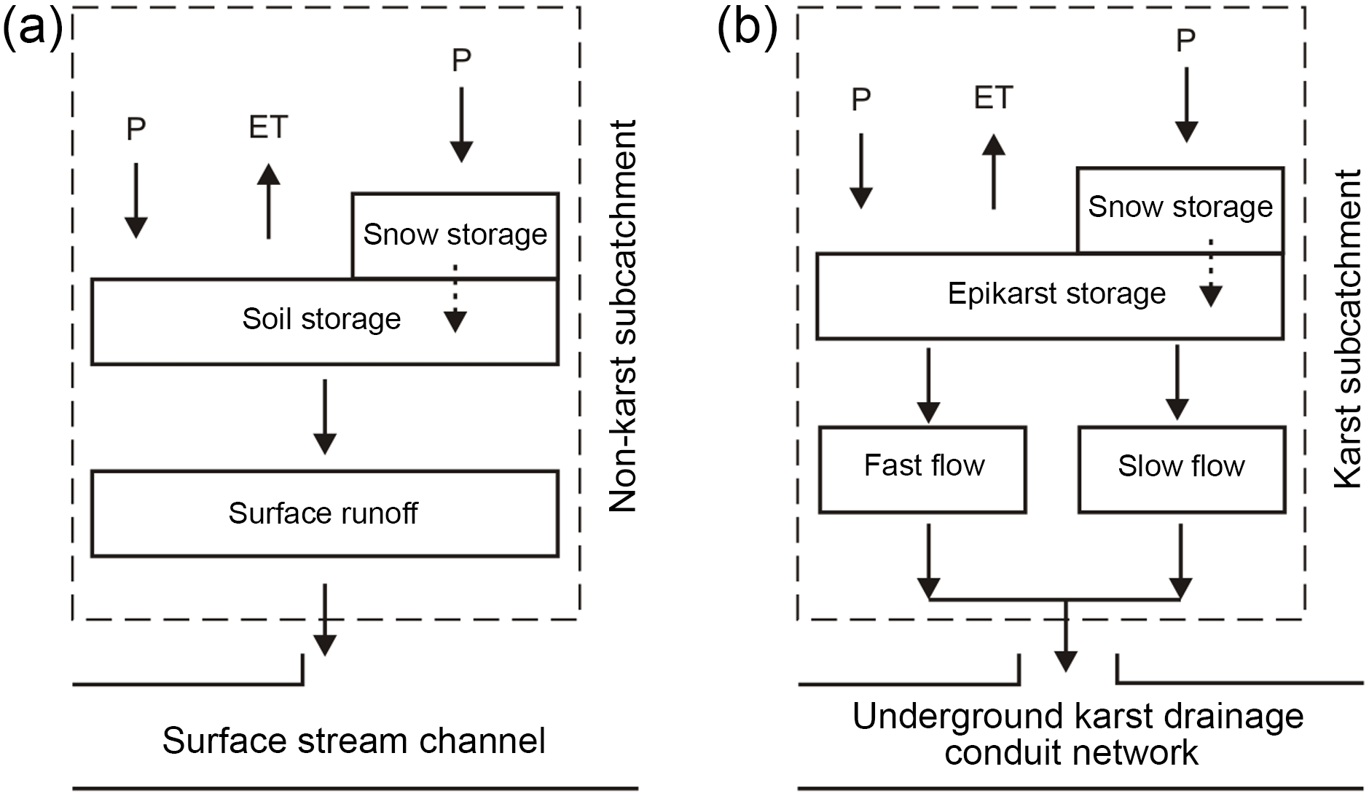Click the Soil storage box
pyautogui.click(x=321, y=320)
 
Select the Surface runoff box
pyautogui.click(x=323, y=513)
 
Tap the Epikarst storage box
pyautogui.click(x=1049, y=295)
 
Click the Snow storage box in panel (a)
pyautogui.click(x=455, y=235)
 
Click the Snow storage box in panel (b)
pyautogui.click(x=1180, y=208)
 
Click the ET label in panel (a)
pyautogui.click(x=268, y=127)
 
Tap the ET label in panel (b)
pyautogui.click(x=993, y=98)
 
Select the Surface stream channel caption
pyautogui.click(x=354, y=741)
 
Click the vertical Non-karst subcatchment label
pyautogui.click(x=624, y=317)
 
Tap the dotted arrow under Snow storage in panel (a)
pyautogui.click(x=455, y=299)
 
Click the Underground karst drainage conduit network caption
pyautogui.click(x=1077, y=734)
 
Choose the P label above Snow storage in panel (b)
pyautogui.click(x=1186, y=41)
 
